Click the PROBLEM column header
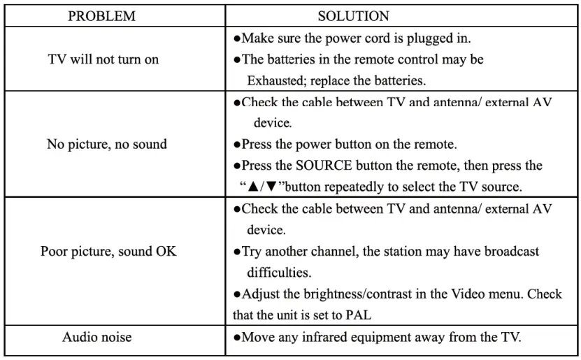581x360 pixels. (101, 16)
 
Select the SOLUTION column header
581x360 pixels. (353, 16)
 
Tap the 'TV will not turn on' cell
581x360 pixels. (103, 59)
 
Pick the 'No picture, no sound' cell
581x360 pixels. (106, 145)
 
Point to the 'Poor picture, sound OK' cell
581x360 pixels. (108, 251)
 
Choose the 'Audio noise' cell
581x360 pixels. (96, 338)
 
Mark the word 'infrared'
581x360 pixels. (318, 338)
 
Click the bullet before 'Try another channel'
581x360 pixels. (238, 252)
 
